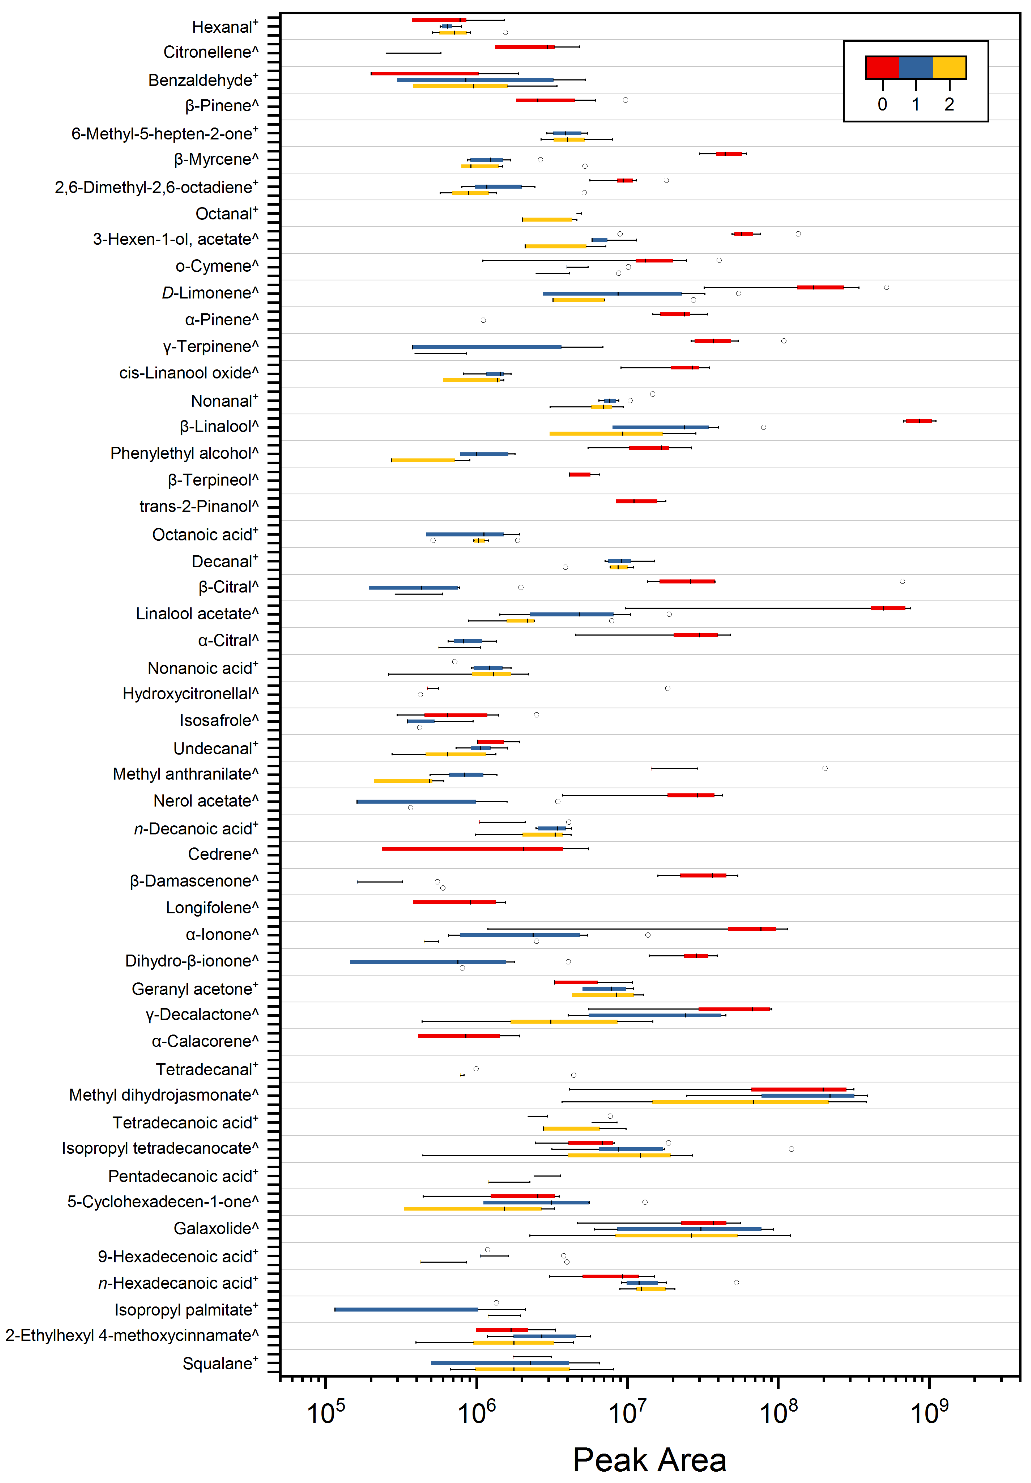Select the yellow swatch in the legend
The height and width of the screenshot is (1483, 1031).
pyautogui.click(x=949, y=67)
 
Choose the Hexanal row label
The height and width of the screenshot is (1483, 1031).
pyautogui.click(x=225, y=27)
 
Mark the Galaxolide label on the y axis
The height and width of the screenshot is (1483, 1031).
pyautogui.click(x=216, y=1228)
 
